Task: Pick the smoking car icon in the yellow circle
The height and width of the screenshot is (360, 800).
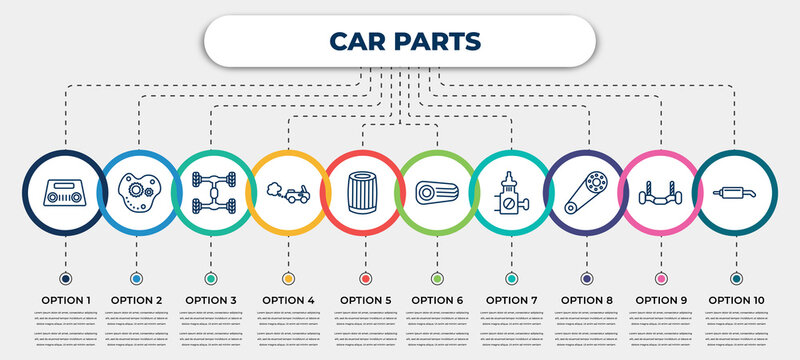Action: [288, 190]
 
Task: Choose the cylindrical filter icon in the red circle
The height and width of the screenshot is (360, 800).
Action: [363, 190]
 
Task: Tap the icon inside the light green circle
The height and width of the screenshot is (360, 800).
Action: [437, 190]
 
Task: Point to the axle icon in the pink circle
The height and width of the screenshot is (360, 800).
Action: [660, 190]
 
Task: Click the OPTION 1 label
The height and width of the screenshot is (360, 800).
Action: [65, 299]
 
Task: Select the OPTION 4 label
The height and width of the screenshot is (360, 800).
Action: [288, 299]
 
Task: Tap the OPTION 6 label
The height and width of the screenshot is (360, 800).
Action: [437, 299]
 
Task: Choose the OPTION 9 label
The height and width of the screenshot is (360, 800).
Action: [660, 299]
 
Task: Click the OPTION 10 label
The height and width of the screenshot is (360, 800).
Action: [738, 299]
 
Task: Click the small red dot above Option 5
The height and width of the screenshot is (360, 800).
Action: [363, 278]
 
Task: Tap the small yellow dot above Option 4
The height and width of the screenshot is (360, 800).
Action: [288, 278]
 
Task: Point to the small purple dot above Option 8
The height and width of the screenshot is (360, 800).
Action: [585, 278]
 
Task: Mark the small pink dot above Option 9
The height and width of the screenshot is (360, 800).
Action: [660, 278]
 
